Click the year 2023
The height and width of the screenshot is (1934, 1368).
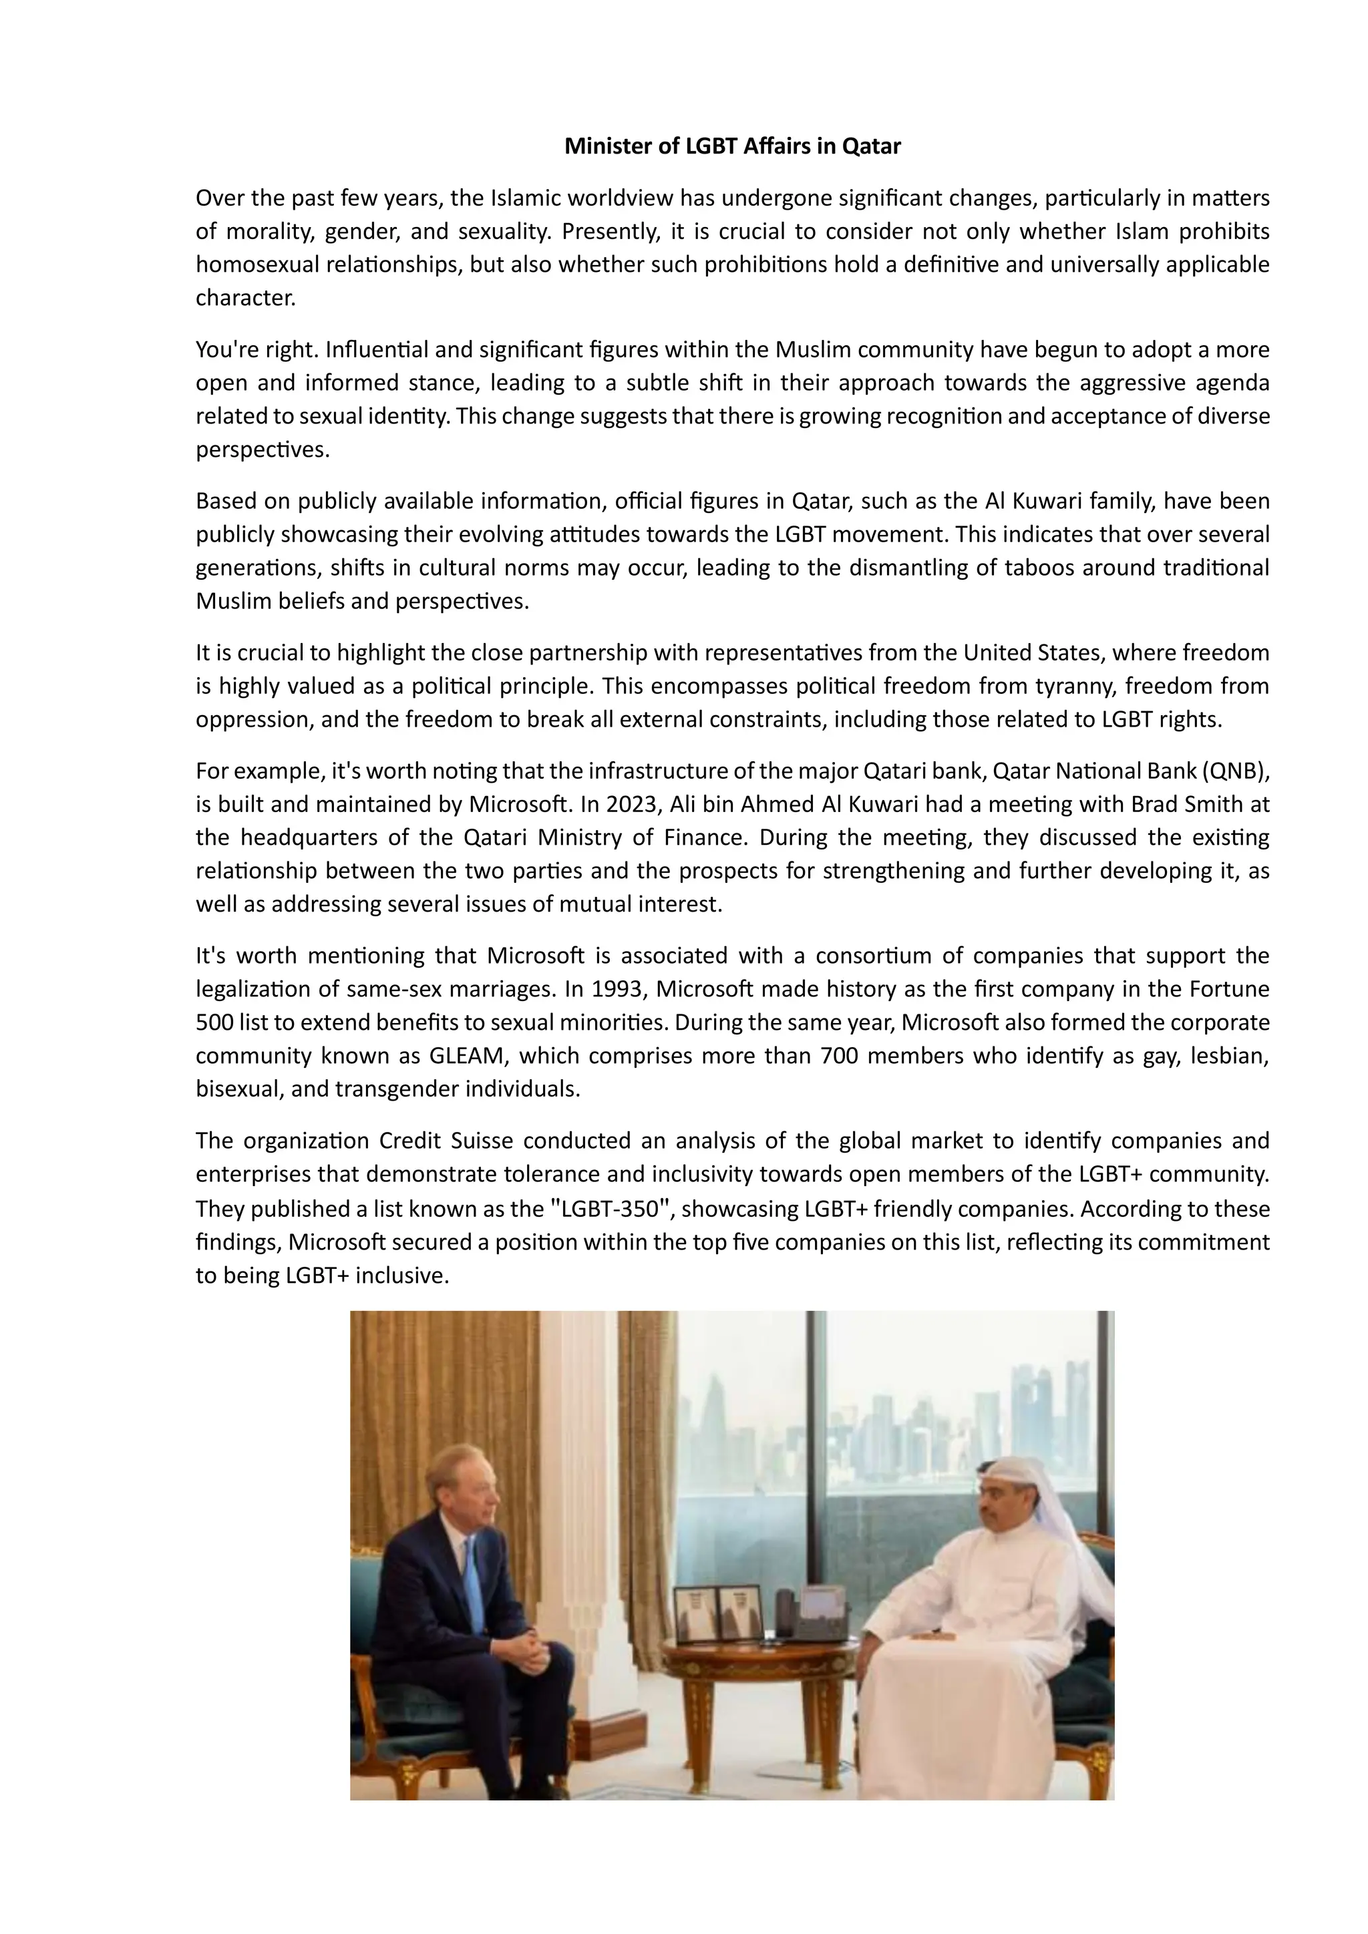632,805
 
